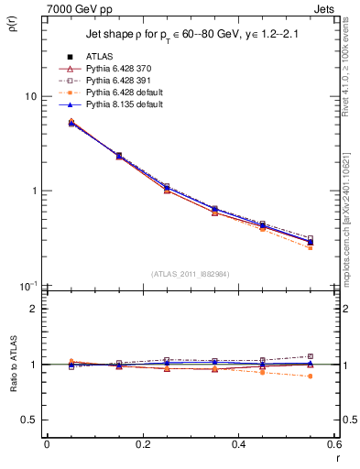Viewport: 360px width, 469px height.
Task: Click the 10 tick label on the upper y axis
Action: pos(30,96)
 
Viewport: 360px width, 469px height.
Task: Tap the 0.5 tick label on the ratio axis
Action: pos(28,420)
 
